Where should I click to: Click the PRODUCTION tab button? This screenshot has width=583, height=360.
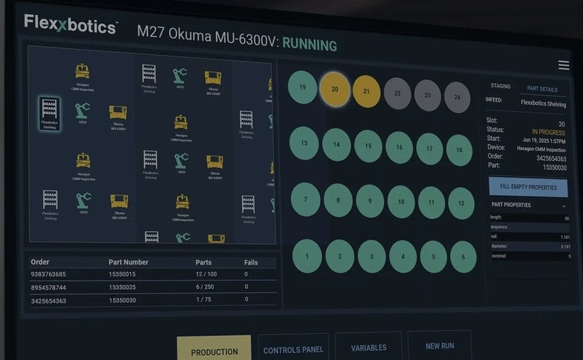pyautogui.click(x=214, y=351)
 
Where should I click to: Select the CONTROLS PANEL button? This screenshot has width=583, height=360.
pyautogui.click(x=293, y=349)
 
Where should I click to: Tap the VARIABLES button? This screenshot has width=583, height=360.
pyautogui.click(x=368, y=348)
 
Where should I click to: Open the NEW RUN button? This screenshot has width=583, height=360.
pyautogui.click(x=439, y=346)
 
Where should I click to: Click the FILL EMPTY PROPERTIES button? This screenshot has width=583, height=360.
pyautogui.click(x=528, y=187)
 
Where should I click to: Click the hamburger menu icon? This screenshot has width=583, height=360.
pyautogui.click(x=564, y=65)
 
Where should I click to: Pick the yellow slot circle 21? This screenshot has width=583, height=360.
pyautogui.click(x=366, y=91)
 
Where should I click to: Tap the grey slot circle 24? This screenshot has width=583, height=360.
pyautogui.click(x=457, y=97)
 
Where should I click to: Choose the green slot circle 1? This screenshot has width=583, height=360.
pyautogui.click(x=307, y=255)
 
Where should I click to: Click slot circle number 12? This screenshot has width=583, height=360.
pyautogui.click(x=460, y=202)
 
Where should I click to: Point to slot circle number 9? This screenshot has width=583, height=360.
pyautogui.click(x=370, y=200)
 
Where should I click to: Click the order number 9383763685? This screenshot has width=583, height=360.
pyautogui.click(x=48, y=274)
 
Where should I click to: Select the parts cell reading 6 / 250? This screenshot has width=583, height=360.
pyautogui.click(x=204, y=287)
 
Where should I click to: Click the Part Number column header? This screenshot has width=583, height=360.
pyautogui.click(x=128, y=262)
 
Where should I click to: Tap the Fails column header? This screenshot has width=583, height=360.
pyautogui.click(x=251, y=262)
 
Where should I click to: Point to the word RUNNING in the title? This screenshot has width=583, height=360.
pyautogui.click(x=309, y=45)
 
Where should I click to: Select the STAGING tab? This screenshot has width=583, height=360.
pyautogui.click(x=501, y=86)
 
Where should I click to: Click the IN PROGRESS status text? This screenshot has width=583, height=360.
pyautogui.click(x=548, y=132)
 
